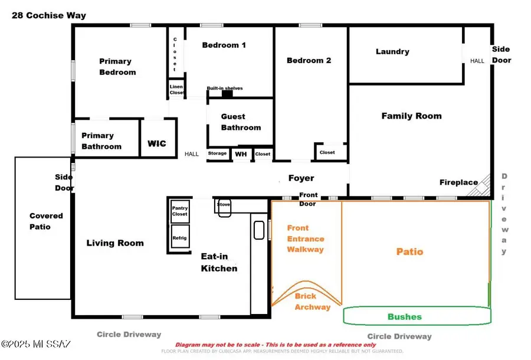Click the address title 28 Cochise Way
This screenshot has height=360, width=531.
[x=49, y=15]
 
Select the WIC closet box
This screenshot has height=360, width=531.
[x=157, y=143]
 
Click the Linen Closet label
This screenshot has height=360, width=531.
[x=176, y=89]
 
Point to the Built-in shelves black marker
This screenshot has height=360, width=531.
[x=227, y=93]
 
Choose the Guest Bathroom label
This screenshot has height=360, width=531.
[x=241, y=122]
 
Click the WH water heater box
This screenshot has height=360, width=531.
[x=241, y=154]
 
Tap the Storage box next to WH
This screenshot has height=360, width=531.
[x=217, y=153]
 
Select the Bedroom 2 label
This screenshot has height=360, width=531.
[x=309, y=60]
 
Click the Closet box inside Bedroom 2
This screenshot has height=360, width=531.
[x=327, y=152]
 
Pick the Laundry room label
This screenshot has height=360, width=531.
[x=392, y=51]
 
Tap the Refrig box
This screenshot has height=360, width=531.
[x=179, y=238]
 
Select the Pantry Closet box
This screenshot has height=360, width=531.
[x=179, y=211]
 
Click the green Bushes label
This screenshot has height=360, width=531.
[x=404, y=317]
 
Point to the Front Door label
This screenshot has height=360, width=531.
[x=308, y=199]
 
